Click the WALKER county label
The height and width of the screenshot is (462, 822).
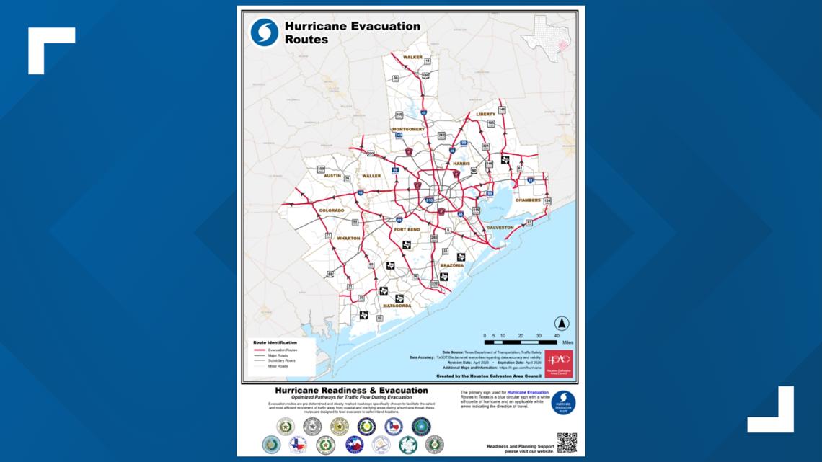tap(412, 57)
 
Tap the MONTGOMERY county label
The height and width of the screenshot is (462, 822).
tap(408, 129)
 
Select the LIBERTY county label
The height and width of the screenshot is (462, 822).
tap(485, 114)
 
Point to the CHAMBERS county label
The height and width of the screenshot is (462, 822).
tap(528, 200)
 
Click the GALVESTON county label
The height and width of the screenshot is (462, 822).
tap(500, 228)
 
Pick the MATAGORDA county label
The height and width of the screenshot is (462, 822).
tap(397, 306)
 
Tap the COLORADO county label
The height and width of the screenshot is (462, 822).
tap(331, 210)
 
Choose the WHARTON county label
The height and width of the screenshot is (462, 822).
tap(348, 238)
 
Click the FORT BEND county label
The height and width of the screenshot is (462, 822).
tap(407, 229)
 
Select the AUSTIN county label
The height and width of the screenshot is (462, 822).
tap(332, 175)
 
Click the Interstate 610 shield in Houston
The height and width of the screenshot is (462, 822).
tap(429, 200)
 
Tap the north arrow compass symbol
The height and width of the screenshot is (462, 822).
tap(561, 324)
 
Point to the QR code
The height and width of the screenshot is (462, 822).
tap(566, 442)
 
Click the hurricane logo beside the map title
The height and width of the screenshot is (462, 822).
tap(265, 32)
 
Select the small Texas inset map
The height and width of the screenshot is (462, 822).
tap(546, 38)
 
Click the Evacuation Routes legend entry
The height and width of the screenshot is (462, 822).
tap(282, 350)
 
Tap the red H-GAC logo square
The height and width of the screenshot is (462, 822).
tap(559, 364)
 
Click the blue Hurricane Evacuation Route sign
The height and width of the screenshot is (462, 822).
tap(563, 403)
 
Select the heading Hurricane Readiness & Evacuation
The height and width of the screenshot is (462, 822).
tap(341, 390)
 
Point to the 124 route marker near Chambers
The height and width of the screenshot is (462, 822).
tap(547, 201)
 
